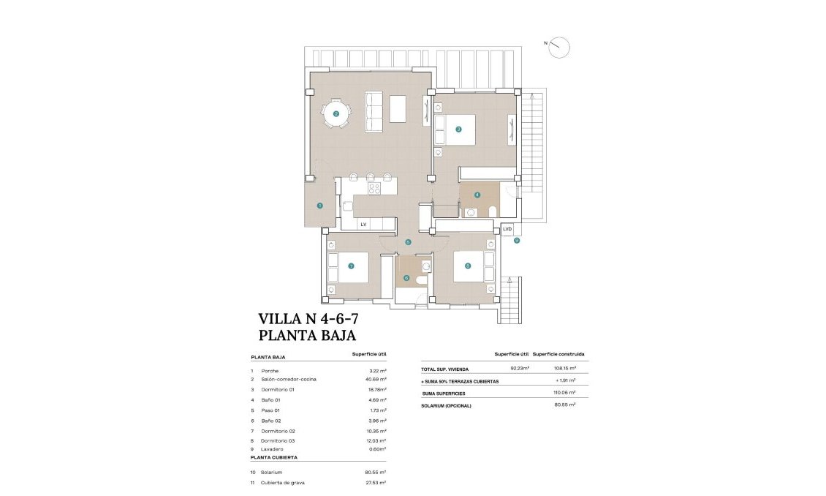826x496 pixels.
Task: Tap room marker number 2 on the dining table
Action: [336, 113]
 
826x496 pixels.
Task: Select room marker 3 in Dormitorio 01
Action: [458, 129]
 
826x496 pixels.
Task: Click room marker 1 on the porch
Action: [319, 206]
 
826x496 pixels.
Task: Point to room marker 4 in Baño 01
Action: [477, 195]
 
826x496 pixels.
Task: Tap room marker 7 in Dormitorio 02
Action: [351, 266]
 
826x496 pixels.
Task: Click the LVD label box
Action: [507, 229]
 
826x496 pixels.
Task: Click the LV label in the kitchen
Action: [363, 224]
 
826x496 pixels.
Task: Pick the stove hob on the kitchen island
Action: [374, 188]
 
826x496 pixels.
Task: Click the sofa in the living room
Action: [374, 112]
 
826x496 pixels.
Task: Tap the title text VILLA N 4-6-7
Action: [308, 319]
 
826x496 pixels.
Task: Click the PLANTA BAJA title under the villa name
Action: [307, 336]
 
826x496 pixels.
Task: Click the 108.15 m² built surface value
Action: [562, 369]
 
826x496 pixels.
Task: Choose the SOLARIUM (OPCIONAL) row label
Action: [446, 405]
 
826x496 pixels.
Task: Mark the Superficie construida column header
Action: [558, 354]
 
